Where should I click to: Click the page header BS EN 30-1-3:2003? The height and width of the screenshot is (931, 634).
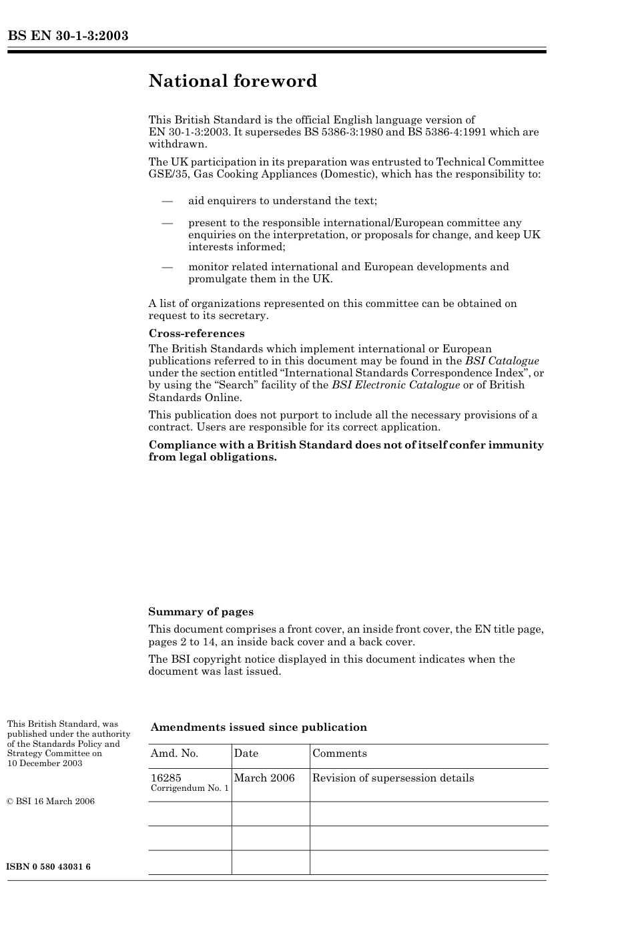click(x=67, y=36)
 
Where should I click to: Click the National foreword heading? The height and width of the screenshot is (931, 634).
click(x=233, y=81)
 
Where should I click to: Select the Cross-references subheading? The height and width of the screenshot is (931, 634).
click(x=196, y=334)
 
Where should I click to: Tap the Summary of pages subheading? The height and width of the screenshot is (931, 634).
click(x=201, y=612)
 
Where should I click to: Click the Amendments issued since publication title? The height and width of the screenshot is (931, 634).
click(x=258, y=727)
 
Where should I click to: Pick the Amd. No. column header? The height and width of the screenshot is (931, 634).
click(x=174, y=753)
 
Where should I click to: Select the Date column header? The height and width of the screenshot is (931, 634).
click(x=246, y=753)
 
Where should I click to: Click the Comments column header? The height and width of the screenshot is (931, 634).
click(x=339, y=753)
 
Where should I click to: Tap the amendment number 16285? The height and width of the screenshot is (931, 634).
click(x=166, y=778)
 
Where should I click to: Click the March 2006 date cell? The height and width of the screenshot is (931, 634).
click(x=264, y=778)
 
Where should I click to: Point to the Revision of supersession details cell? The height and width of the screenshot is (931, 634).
click(x=393, y=778)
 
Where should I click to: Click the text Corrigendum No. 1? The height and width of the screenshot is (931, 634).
click(x=190, y=789)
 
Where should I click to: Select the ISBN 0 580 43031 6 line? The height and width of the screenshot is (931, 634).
click(x=49, y=867)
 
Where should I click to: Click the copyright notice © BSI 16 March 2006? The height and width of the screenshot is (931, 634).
click(x=51, y=802)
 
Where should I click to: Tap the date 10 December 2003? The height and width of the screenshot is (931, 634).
click(x=45, y=763)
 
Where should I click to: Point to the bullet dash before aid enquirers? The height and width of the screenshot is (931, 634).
click(x=167, y=201)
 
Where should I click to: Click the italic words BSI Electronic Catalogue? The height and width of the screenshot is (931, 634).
click(x=396, y=385)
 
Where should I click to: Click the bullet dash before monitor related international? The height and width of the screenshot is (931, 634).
click(x=167, y=267)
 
